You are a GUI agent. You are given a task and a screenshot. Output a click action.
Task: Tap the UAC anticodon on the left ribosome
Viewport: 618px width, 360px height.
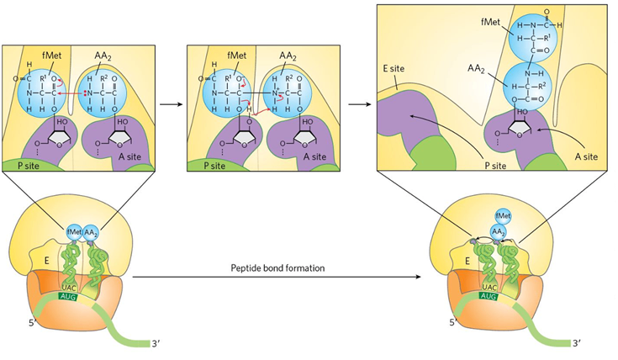click(x=71, y=286)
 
